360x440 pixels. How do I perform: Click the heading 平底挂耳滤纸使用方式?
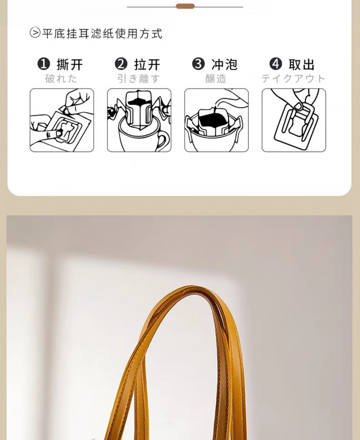coord(102,34)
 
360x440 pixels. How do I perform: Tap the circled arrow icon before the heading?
coord(35,33)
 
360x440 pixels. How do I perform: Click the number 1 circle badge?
coord(44,64)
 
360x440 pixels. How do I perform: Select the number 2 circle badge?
coord(121,64)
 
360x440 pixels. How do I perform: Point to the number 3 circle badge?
coord(198,64)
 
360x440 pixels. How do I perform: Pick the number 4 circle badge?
coord(276,64)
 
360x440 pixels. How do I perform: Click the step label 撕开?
coord(70,65)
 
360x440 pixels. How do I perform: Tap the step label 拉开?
coord(147,65)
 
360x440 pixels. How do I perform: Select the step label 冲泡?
coord(224,65)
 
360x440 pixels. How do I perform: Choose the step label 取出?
coord(301,65)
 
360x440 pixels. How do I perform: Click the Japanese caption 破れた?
coord(61,79)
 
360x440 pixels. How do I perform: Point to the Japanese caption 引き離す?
coord(139,79)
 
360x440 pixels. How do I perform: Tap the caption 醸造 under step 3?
coord(216,79)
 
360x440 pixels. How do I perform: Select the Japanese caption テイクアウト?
coord(293,79)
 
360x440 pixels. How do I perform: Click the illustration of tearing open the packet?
coord(62,120)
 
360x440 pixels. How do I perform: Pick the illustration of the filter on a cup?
coord(139,120)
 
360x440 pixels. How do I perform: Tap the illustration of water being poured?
coord(216,120)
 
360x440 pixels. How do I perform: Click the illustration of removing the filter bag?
coord(294,120)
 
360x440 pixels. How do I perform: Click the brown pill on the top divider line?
coord(185,6)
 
